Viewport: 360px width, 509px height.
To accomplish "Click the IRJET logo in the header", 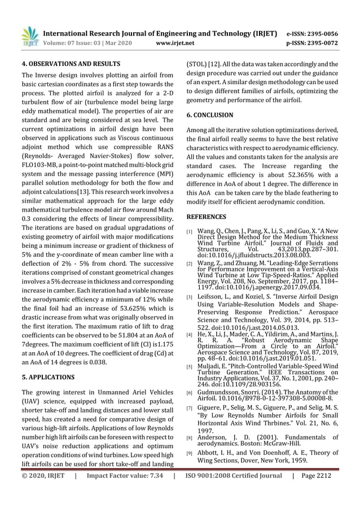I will [x=29, y=35].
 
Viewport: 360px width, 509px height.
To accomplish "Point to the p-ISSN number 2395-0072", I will [x=321, y=43].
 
